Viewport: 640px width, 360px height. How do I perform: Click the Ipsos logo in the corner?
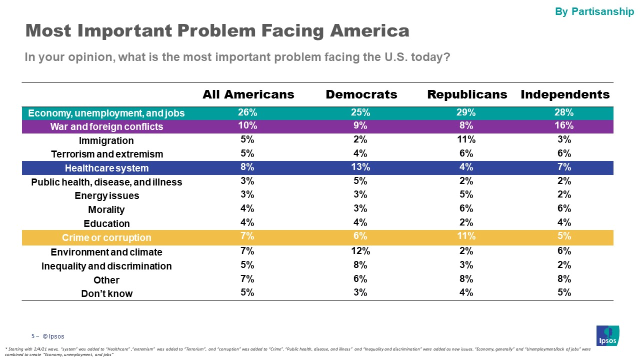point(607,335)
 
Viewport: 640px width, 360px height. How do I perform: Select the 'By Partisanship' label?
point(594,11)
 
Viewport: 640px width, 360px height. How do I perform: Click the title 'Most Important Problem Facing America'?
point(217,31)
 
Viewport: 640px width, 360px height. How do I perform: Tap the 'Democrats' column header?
point(361,94)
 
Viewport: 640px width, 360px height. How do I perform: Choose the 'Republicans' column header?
point(467,94)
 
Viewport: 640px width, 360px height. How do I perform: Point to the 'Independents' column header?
point(565,94)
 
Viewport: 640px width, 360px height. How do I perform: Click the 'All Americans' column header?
point(248,94)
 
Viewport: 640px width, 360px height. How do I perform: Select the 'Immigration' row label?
point(106,140)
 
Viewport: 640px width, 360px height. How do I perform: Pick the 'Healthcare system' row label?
point(106,168)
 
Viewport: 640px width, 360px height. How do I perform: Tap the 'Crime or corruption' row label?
point(106,237)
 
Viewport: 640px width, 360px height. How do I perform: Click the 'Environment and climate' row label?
point(106,252)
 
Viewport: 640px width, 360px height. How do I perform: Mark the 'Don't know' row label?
point(106,293)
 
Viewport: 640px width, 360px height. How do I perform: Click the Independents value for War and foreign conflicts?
point(564,126)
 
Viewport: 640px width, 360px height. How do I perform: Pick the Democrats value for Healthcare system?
point(360,167)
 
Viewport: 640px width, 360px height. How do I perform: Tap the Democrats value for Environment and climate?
point(360,251)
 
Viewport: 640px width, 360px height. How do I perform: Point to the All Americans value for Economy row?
point(247,112)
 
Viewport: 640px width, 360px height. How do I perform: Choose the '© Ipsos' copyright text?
point(53,336)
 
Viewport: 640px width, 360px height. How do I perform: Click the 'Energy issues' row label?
point(106,195)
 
